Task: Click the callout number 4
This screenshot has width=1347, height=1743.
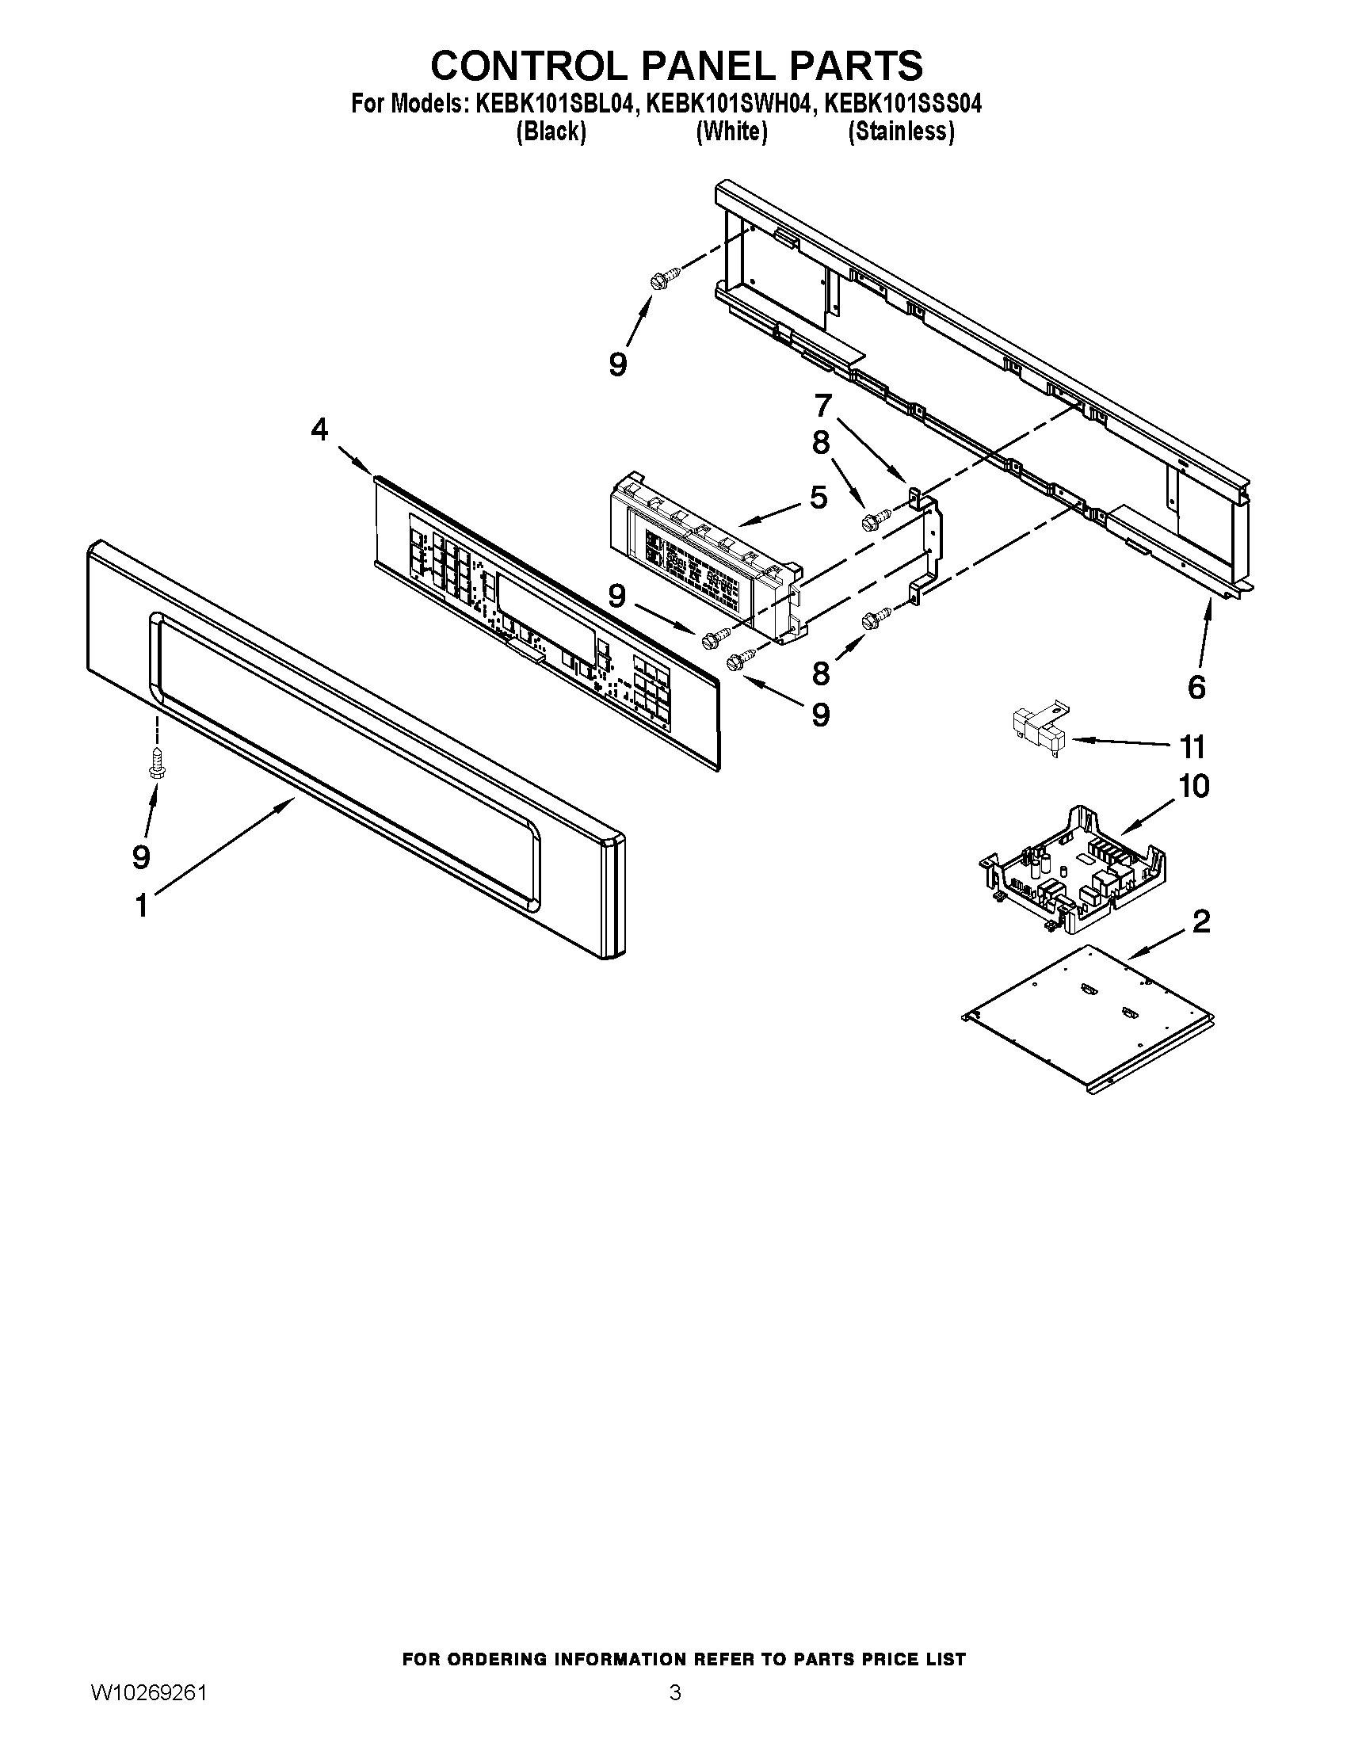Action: [x=319, y=430]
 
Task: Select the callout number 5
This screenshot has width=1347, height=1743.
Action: [x=819, y=498]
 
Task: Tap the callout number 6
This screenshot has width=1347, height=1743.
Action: [x=1196, y=687]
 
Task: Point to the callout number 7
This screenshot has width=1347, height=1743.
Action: [x=823, y=405]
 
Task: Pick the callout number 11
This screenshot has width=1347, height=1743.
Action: [x=1192, y=747]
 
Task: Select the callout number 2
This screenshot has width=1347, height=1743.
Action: [x=1201, y=921]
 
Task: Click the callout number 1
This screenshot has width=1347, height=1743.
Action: [x=141, y=906]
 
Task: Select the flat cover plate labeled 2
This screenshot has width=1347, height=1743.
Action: [x=1089, y=1012]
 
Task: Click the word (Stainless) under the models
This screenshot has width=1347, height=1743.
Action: [x=901, y=132]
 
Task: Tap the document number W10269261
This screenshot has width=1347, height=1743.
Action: [x=149, y=1711]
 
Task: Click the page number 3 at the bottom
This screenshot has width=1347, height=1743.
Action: [x=675, y=1711]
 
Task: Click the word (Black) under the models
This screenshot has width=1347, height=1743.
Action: [x=551, y=132]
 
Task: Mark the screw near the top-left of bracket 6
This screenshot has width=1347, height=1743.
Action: [x=664, y=279]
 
